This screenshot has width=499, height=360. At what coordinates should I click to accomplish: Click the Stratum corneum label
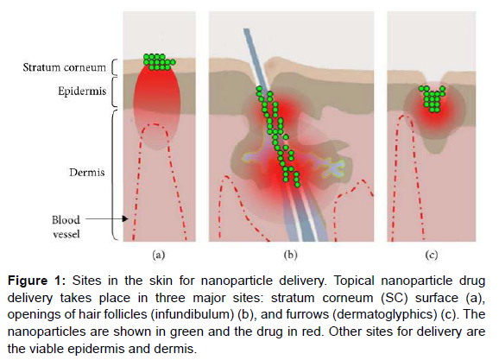click(x=64, y=67)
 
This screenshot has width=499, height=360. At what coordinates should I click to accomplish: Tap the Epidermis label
click(x=82, y=92)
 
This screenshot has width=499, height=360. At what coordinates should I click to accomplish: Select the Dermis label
click(x=87, y=173)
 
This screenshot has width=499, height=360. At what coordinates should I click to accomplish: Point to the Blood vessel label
click(x=66, y=227)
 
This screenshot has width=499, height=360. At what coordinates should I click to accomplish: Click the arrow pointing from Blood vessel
click(x=107, y=219)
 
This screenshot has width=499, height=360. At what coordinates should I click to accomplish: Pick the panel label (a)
click(x=159, y=255)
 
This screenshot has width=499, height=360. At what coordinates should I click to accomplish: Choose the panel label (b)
click(x=290, y=255)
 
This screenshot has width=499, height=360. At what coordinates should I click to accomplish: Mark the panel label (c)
click(x=432, y=255)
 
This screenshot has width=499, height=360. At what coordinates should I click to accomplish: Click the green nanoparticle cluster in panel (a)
click(x=159, y=62)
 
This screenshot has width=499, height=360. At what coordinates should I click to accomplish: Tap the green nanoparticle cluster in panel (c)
click(x=432, y=98)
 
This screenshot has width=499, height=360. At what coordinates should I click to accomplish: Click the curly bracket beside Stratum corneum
click(x=115, y=67)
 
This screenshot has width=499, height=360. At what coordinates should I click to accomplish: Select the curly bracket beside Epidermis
click(x=115, y=92)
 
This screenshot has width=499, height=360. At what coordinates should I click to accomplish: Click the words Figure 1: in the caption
click(x=36, y=281)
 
